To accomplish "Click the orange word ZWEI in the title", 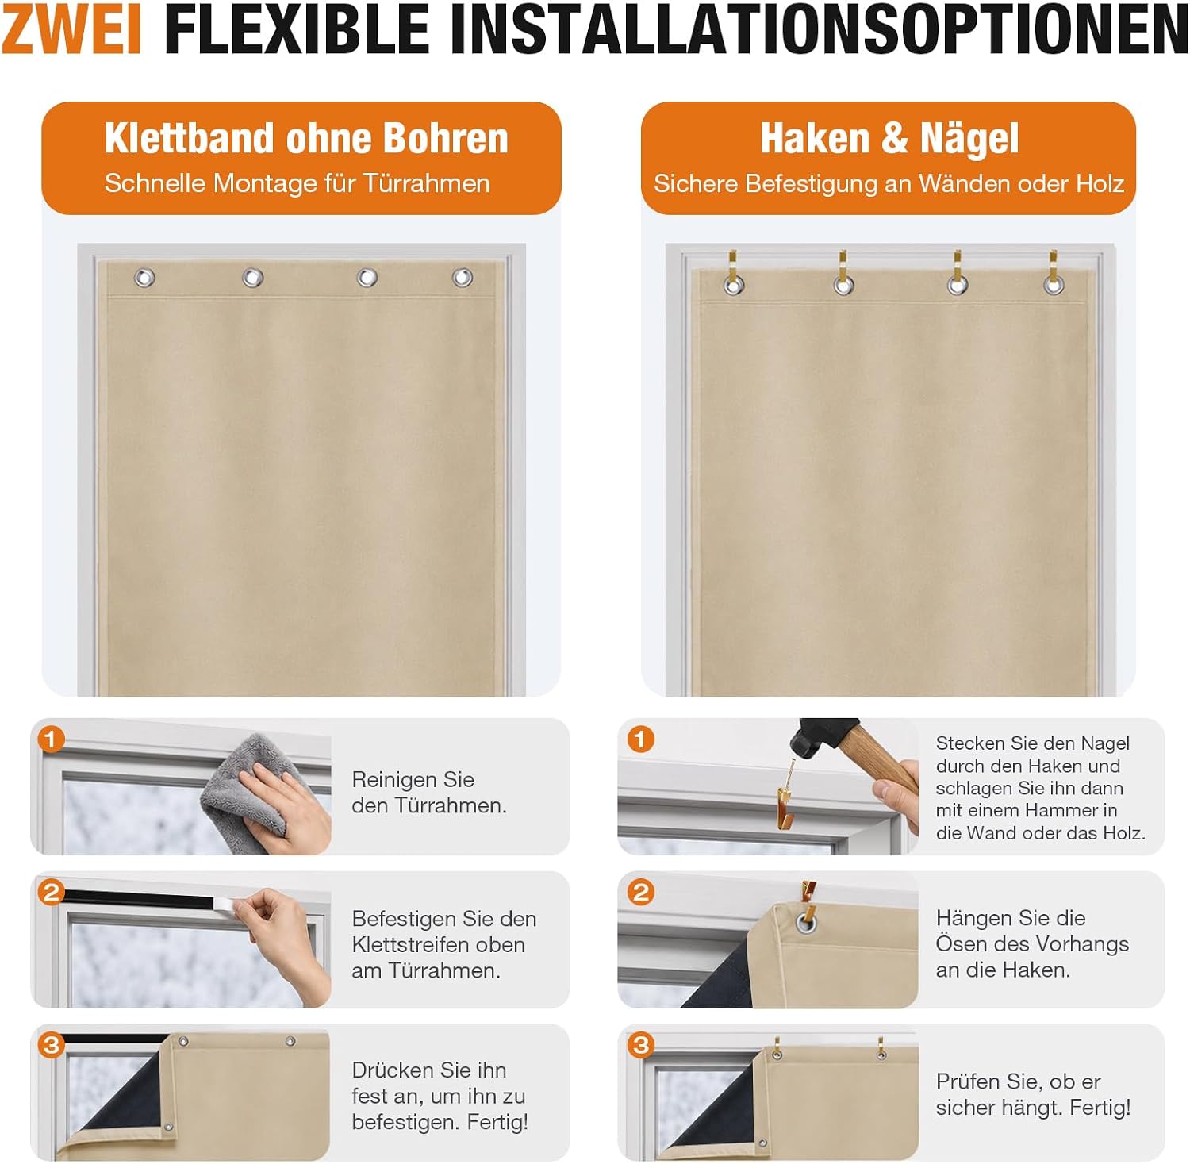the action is [x=71, y=29].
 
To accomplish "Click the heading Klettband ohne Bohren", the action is [x=306, y=138].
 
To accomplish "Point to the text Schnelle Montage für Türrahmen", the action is [x=297, y=183].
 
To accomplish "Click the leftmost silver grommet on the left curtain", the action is [x=144, y=278].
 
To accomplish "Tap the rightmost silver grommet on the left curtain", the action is [x=463, y=278].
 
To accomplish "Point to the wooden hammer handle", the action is [x=881, y=762].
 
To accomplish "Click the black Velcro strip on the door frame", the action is [x=143, y=900].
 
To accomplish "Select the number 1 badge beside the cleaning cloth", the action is [x=51, y=740].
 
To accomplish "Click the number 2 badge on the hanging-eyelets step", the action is [x=640, y=892].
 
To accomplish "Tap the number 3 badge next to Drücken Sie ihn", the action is [x=51, y=1044].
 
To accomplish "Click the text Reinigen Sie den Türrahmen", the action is [x=429, y=792].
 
